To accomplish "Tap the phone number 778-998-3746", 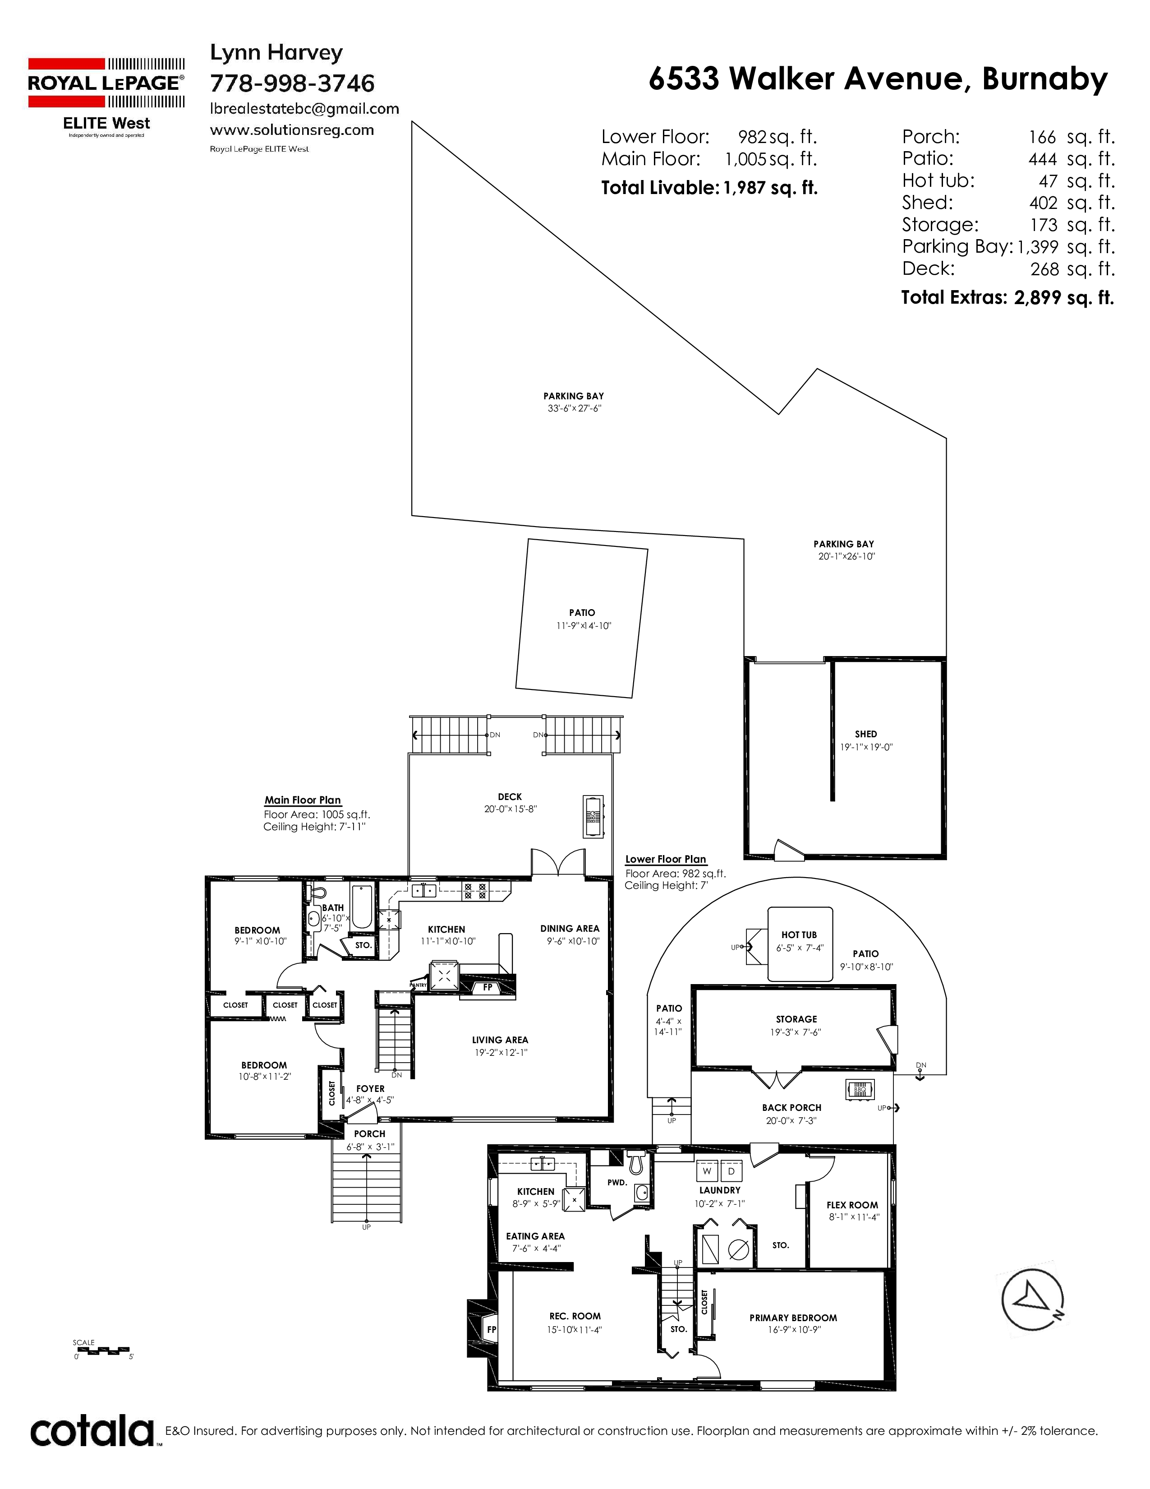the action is (x=292, y=83).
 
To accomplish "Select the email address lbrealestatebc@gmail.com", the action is (x=304, y=109).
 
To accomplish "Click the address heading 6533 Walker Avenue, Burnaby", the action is (x=878, y=79).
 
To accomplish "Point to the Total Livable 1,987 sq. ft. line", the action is (x=709, y=188).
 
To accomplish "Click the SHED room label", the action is (x=866, y=734).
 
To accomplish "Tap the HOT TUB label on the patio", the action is (x=799, y=935).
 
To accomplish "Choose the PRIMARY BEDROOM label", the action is (x=793, y=1318).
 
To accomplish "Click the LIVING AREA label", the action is (x=500, y=1040).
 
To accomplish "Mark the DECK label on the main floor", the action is (x=510, y=796).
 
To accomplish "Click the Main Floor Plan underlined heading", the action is (x=303, y=800).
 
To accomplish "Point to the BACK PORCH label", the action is (x=791, y=1108).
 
